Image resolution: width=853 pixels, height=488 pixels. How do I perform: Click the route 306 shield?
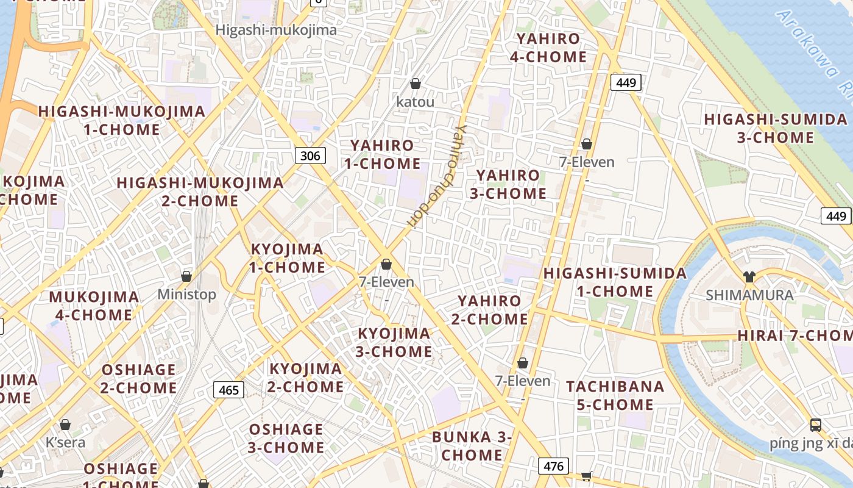310,156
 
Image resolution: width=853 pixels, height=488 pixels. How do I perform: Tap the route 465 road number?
228,390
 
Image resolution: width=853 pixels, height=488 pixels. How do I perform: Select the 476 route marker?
553,467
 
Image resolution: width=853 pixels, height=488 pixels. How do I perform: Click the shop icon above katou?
416,84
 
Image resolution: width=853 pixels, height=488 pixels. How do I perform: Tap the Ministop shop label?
186,295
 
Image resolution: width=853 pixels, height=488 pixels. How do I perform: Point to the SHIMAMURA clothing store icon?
749,277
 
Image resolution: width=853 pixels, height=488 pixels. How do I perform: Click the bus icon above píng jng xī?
815,425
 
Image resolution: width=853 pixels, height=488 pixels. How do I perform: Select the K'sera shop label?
66,442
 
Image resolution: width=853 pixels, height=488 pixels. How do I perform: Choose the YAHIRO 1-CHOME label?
382,154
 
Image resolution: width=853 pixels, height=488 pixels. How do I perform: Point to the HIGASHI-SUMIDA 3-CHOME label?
775,128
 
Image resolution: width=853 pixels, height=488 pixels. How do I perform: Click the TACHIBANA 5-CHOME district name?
615,395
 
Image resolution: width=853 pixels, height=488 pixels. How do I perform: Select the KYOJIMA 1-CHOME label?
288,258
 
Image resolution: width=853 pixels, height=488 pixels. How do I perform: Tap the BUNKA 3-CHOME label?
472,446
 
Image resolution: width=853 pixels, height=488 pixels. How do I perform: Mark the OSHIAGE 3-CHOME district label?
286,438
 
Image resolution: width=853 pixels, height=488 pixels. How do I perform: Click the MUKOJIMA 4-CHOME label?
94,306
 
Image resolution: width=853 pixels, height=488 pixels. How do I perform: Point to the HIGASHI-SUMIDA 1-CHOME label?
615,282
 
